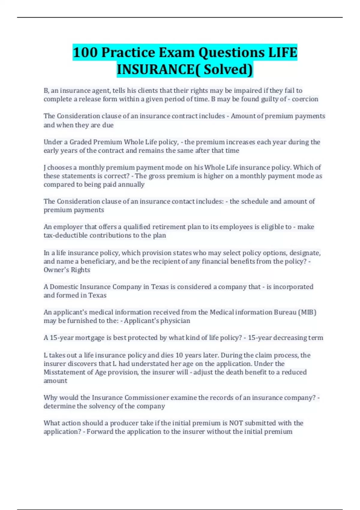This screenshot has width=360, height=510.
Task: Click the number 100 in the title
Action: point(85,52)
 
